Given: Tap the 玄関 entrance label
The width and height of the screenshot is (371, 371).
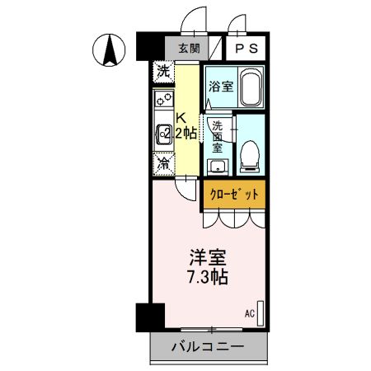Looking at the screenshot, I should pos(189,49).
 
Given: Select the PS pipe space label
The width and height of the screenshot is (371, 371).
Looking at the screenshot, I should pos(246,49).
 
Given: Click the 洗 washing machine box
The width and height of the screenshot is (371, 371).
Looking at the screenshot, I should pos(164,72).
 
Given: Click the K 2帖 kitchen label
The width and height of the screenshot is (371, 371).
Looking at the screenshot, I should pos(185,125).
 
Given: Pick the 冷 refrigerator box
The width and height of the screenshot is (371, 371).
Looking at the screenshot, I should pos(164,163).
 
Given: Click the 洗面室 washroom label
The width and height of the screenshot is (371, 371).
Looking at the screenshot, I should pos(218,137).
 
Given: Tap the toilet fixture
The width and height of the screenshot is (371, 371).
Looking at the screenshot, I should pos(248,156).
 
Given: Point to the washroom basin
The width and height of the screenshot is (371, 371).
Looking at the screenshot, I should pos(218,167).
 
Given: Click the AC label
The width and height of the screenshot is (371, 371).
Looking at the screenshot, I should pos(249,313).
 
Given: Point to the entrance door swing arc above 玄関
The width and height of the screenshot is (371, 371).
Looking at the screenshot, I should pos(193,18).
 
